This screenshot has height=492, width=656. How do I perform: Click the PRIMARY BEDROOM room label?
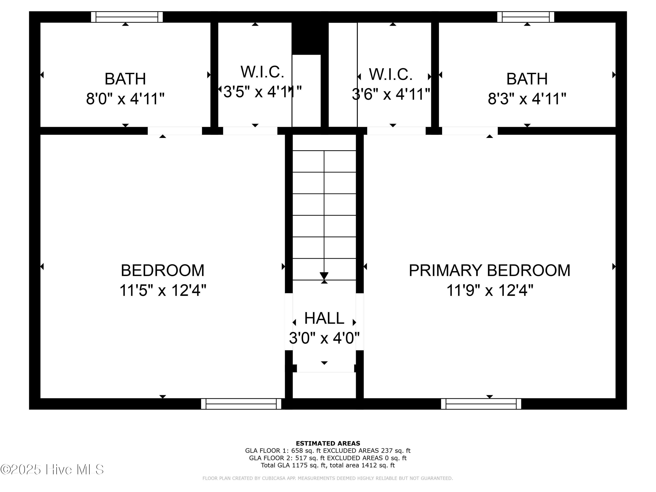(x=489, y=270)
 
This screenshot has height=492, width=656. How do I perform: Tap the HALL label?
(x=324, y=318)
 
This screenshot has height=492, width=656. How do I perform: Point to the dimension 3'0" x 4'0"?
(x=324, y=338)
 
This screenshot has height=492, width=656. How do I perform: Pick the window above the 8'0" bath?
(x=127, y=17)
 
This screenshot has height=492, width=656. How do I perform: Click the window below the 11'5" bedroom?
(x=241, y=404)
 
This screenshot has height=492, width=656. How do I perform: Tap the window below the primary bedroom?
(x=481, y=404)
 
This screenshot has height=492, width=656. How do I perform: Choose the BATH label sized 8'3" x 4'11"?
(x=527, y=79)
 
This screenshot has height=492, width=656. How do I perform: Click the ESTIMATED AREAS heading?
(x=328, y=443)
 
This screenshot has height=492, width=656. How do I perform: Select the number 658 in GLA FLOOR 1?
(x=297, y=451)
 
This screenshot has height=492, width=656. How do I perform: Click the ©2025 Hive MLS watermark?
(x=52, y=469)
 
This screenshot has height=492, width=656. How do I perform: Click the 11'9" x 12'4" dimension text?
(x=490, y=290)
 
